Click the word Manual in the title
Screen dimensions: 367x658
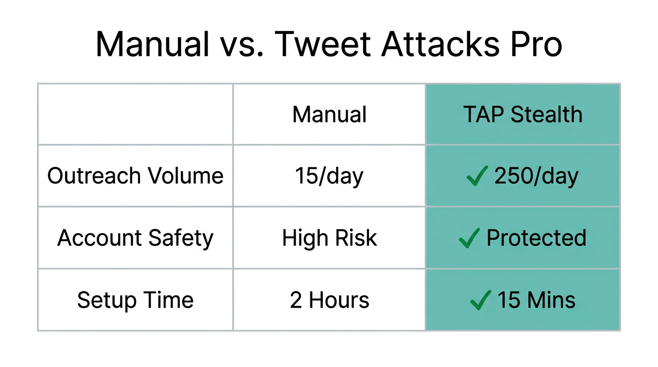coord(153,44)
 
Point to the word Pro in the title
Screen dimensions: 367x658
coord(535,44)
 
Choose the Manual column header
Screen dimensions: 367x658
coord(329,115)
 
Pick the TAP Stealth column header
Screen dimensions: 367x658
coord(523,115)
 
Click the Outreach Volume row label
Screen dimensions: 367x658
coord(135,176)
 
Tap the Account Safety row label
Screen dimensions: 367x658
coord(135,238)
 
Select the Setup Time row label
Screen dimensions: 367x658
coord(135,300)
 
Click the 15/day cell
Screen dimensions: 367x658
coord(329,176)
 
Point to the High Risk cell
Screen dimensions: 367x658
coord(329,238)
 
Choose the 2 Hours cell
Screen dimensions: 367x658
coord(329,300)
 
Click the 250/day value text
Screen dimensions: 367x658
coord(536,176)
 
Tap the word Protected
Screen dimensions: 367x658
coord(536,238)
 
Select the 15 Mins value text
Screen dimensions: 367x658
coord(536,300)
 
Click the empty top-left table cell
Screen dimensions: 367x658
coord(135,115)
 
